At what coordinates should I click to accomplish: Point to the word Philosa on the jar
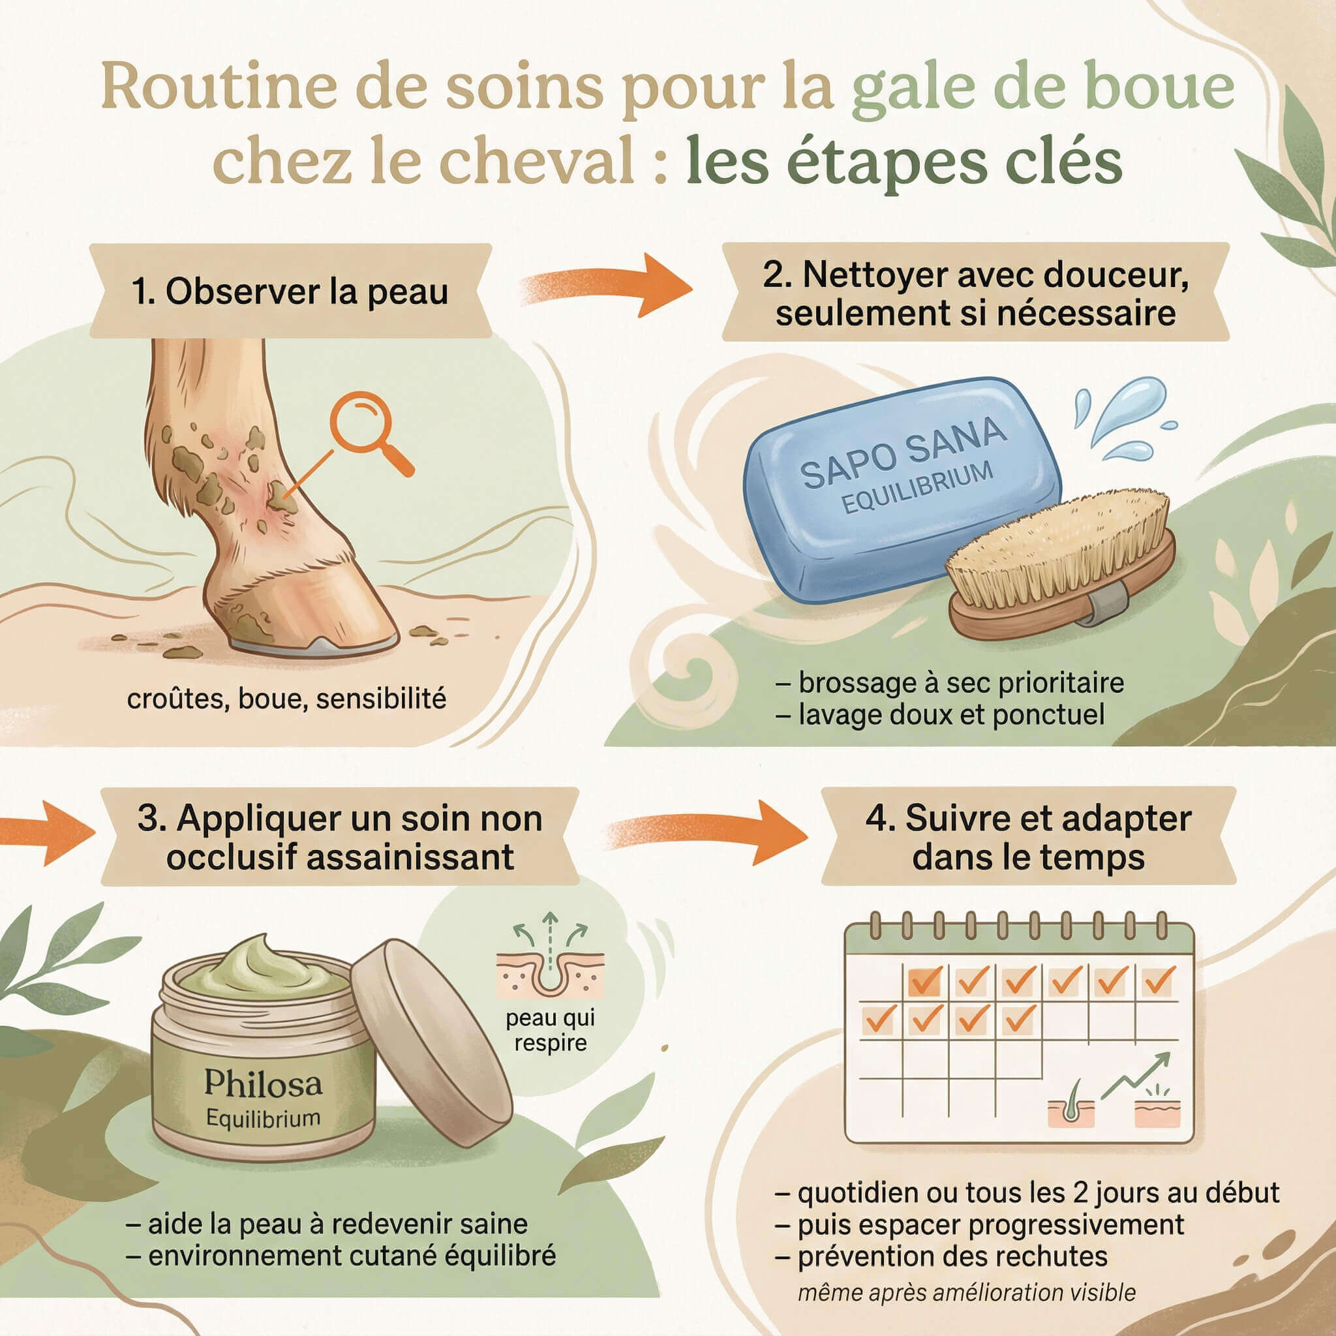point(263,1083)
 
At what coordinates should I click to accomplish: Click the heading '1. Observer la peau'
point(290,291)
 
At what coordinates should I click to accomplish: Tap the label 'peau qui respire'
point(550,1029)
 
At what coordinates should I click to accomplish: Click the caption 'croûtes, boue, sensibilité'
point(286,699)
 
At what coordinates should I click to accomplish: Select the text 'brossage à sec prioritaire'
point(960,682)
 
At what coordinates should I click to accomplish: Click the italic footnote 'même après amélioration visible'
point(966,1292)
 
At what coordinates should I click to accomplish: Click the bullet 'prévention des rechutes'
point(952,1256)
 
